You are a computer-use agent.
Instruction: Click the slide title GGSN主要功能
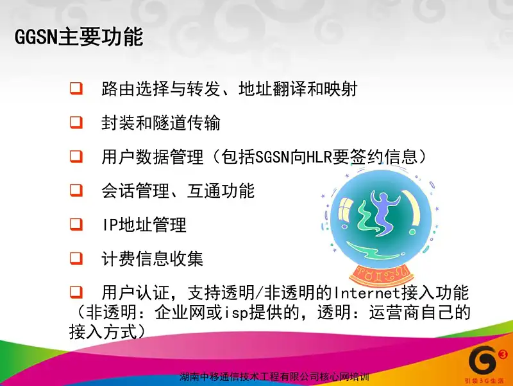79,36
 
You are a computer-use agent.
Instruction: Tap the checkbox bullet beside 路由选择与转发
76,89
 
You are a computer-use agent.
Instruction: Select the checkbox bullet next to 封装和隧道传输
76,122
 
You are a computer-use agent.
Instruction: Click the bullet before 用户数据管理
76,156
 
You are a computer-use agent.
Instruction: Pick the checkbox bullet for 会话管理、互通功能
76,190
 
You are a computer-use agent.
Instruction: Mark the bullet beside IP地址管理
76,224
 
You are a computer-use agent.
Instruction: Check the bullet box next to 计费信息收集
76,258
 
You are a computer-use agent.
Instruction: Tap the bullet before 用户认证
76,292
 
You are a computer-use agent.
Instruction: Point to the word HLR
319,157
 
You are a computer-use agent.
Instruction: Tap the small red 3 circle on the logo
503,355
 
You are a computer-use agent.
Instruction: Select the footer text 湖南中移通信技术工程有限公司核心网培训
274,377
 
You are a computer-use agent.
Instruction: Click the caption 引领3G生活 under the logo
485,381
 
